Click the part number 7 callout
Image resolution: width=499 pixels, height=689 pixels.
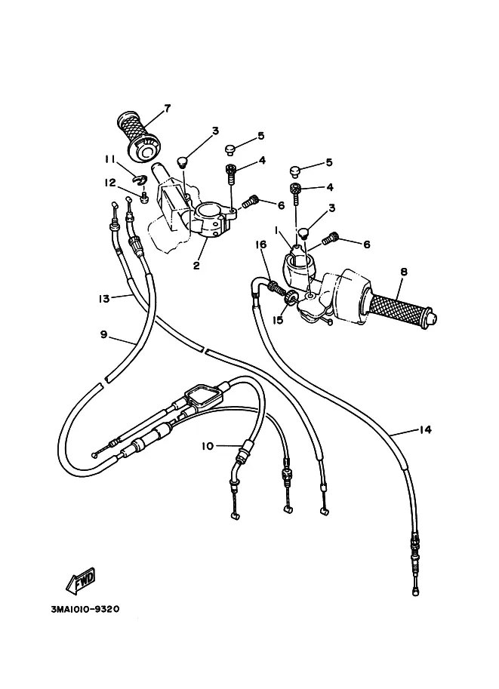tap(167, 108)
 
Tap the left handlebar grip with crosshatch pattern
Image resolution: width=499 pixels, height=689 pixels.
tap(140, 137)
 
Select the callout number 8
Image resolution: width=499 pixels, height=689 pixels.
tap(404, 272)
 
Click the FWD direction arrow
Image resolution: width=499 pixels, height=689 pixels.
tap(81, 579)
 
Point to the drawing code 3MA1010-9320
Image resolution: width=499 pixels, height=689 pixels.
tap(85, 610)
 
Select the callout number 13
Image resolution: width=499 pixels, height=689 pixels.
tap(103, 299)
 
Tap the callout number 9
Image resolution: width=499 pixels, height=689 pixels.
tap(103, 334)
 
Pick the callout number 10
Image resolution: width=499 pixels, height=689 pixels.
tap(208, 446)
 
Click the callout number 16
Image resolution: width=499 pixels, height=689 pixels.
tap(261, 245)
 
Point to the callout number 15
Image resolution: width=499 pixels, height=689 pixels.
tap(278, 320)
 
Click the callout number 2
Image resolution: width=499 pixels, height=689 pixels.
tap(196, 266)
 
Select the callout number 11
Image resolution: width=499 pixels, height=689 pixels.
tap(109, 159)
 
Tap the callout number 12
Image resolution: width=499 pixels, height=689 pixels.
tap(110, 183)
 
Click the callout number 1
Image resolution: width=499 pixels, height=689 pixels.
tap(276, 230)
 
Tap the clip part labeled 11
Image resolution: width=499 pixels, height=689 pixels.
tap(140, 180)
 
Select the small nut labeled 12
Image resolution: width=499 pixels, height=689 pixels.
tap(143, 198)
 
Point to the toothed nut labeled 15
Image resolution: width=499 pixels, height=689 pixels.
tap(290, 297)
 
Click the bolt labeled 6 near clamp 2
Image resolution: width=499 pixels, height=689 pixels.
tap(250, 201)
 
